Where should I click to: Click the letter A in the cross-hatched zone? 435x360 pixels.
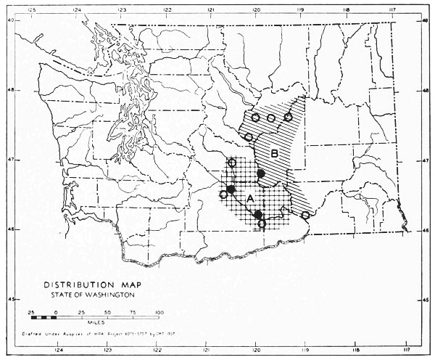(x=250, y=198)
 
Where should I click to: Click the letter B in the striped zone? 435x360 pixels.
(x=275, y=153)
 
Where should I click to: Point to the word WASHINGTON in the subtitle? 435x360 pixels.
(x=102, y=295)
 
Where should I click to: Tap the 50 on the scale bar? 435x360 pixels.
(x=107, y=311)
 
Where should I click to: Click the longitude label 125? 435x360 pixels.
(x=31, y=9)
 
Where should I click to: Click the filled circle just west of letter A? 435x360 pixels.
(x=231, y=190)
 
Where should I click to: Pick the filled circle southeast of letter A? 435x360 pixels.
(x=257, y=214)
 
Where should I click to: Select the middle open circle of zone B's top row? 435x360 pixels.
(x=271, y=118)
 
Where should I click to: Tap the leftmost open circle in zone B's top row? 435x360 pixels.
(x=255, y=118)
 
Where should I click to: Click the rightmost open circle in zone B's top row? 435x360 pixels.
(x=288, y=117)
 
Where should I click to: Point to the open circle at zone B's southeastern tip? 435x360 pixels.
(x=305, y=215)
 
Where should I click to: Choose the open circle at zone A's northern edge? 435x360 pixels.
(x=232, y=162)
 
